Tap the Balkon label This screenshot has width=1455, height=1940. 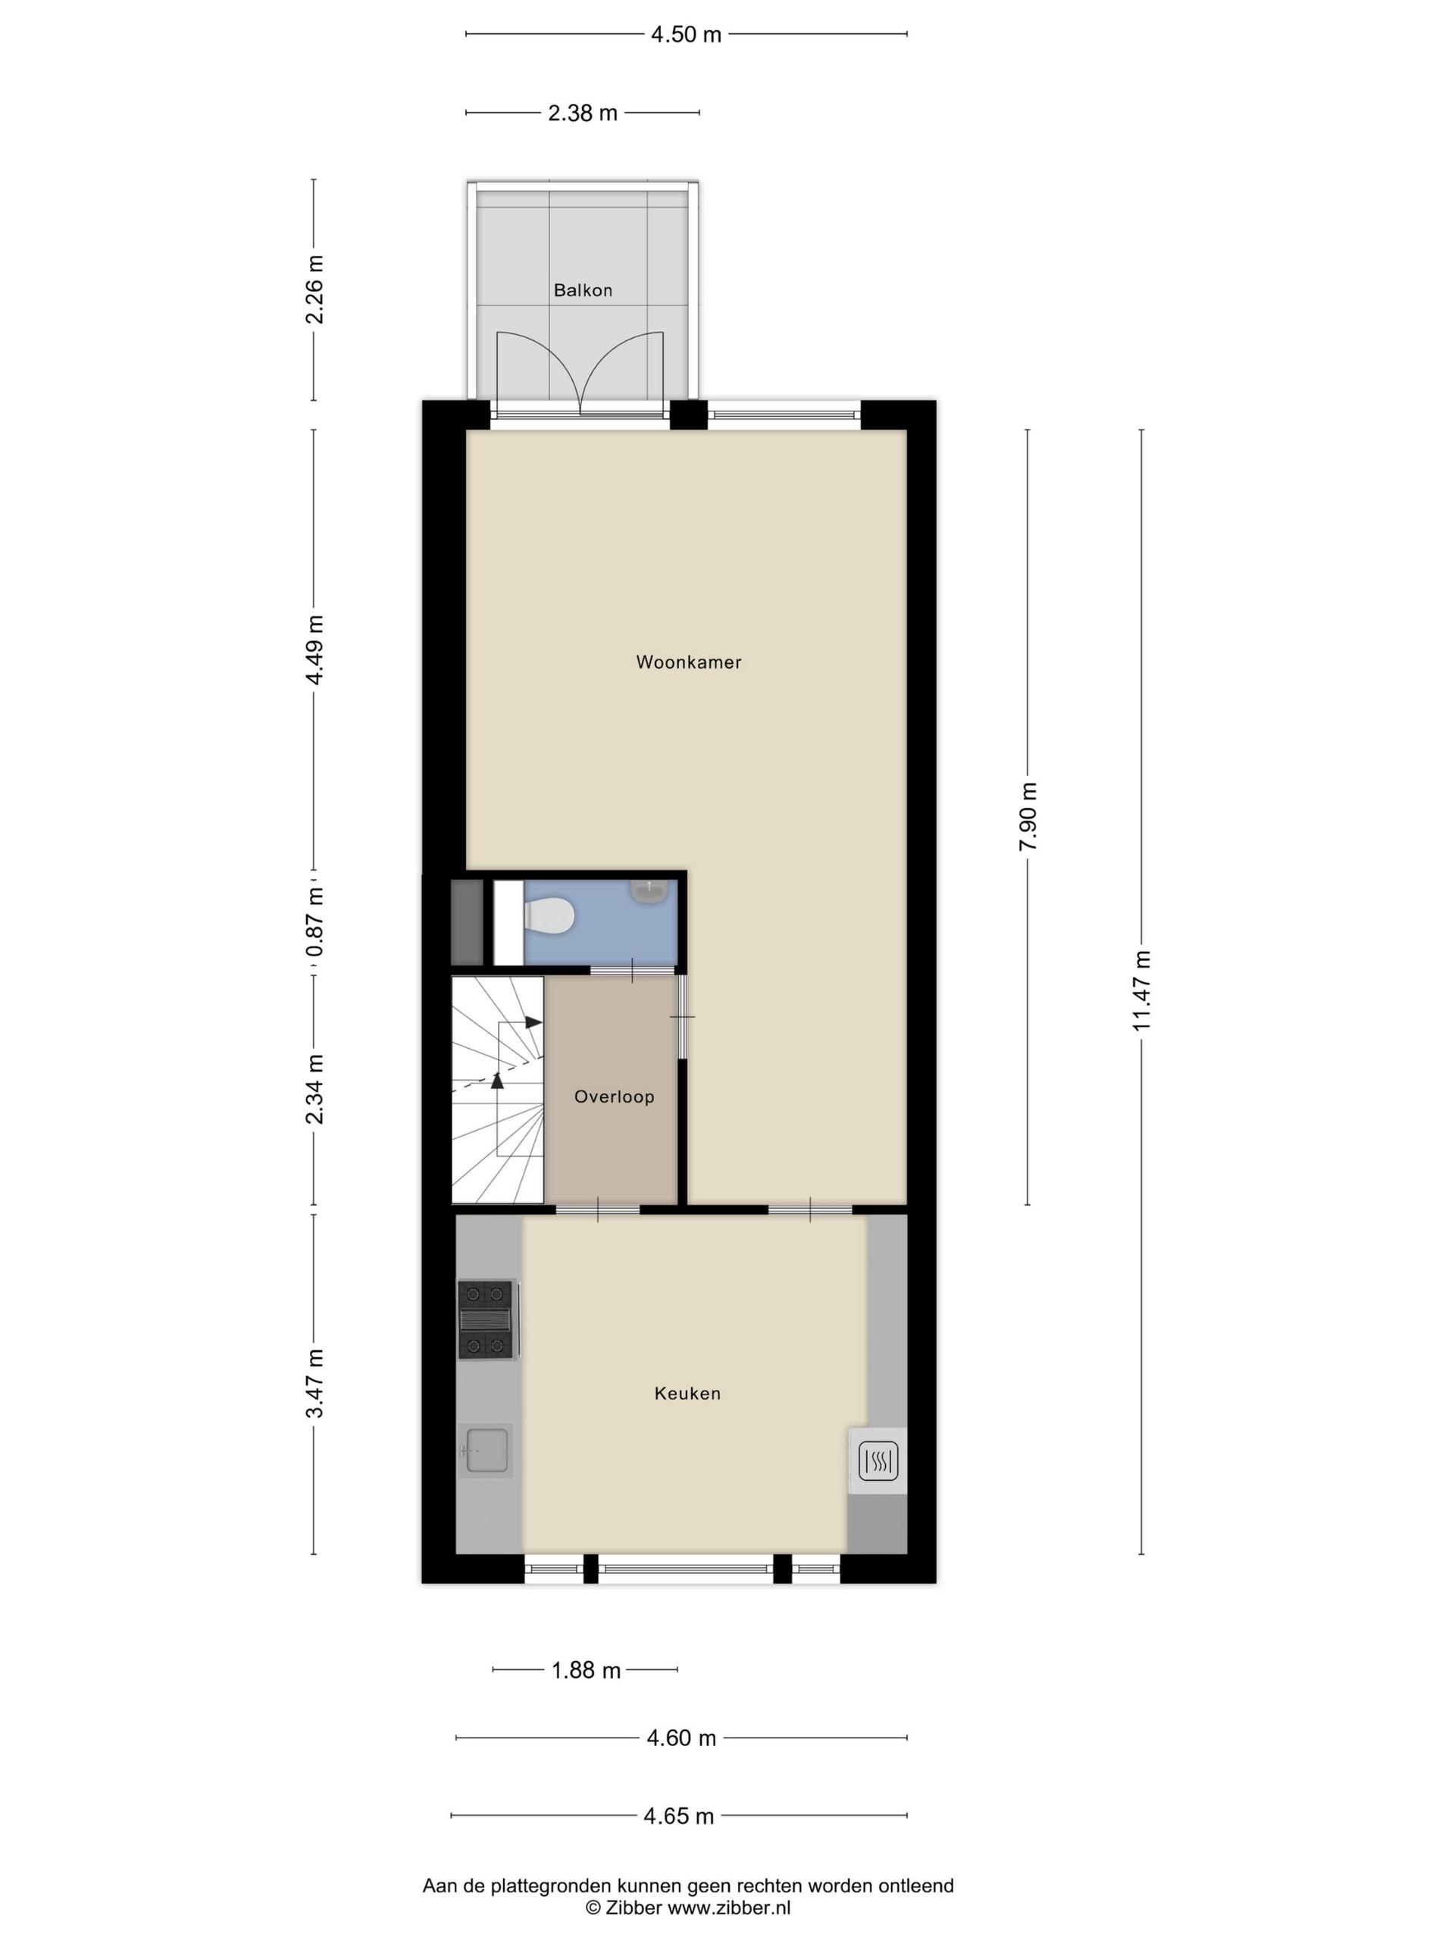coord(582,290)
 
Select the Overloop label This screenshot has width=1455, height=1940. coord(614,1097)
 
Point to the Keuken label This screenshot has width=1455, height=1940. coord(687,1393)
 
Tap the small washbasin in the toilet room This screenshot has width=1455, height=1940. coord(649,890)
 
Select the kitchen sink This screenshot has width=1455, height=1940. coord(485,1450)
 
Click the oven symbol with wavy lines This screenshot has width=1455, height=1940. coord(878,1461)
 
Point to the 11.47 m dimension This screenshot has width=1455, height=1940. coord(1141,990)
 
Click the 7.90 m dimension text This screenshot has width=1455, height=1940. coord(1028,815)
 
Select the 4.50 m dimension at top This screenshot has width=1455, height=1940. coord(686,34)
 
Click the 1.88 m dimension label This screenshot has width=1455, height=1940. coord(586,1670)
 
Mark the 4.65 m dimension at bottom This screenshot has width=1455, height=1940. coord(679,1816)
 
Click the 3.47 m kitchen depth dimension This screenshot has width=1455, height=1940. coord(314,1383)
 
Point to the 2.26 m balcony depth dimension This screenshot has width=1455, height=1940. coord(314,289)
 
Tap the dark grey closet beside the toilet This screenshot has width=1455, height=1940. coord(467,923)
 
